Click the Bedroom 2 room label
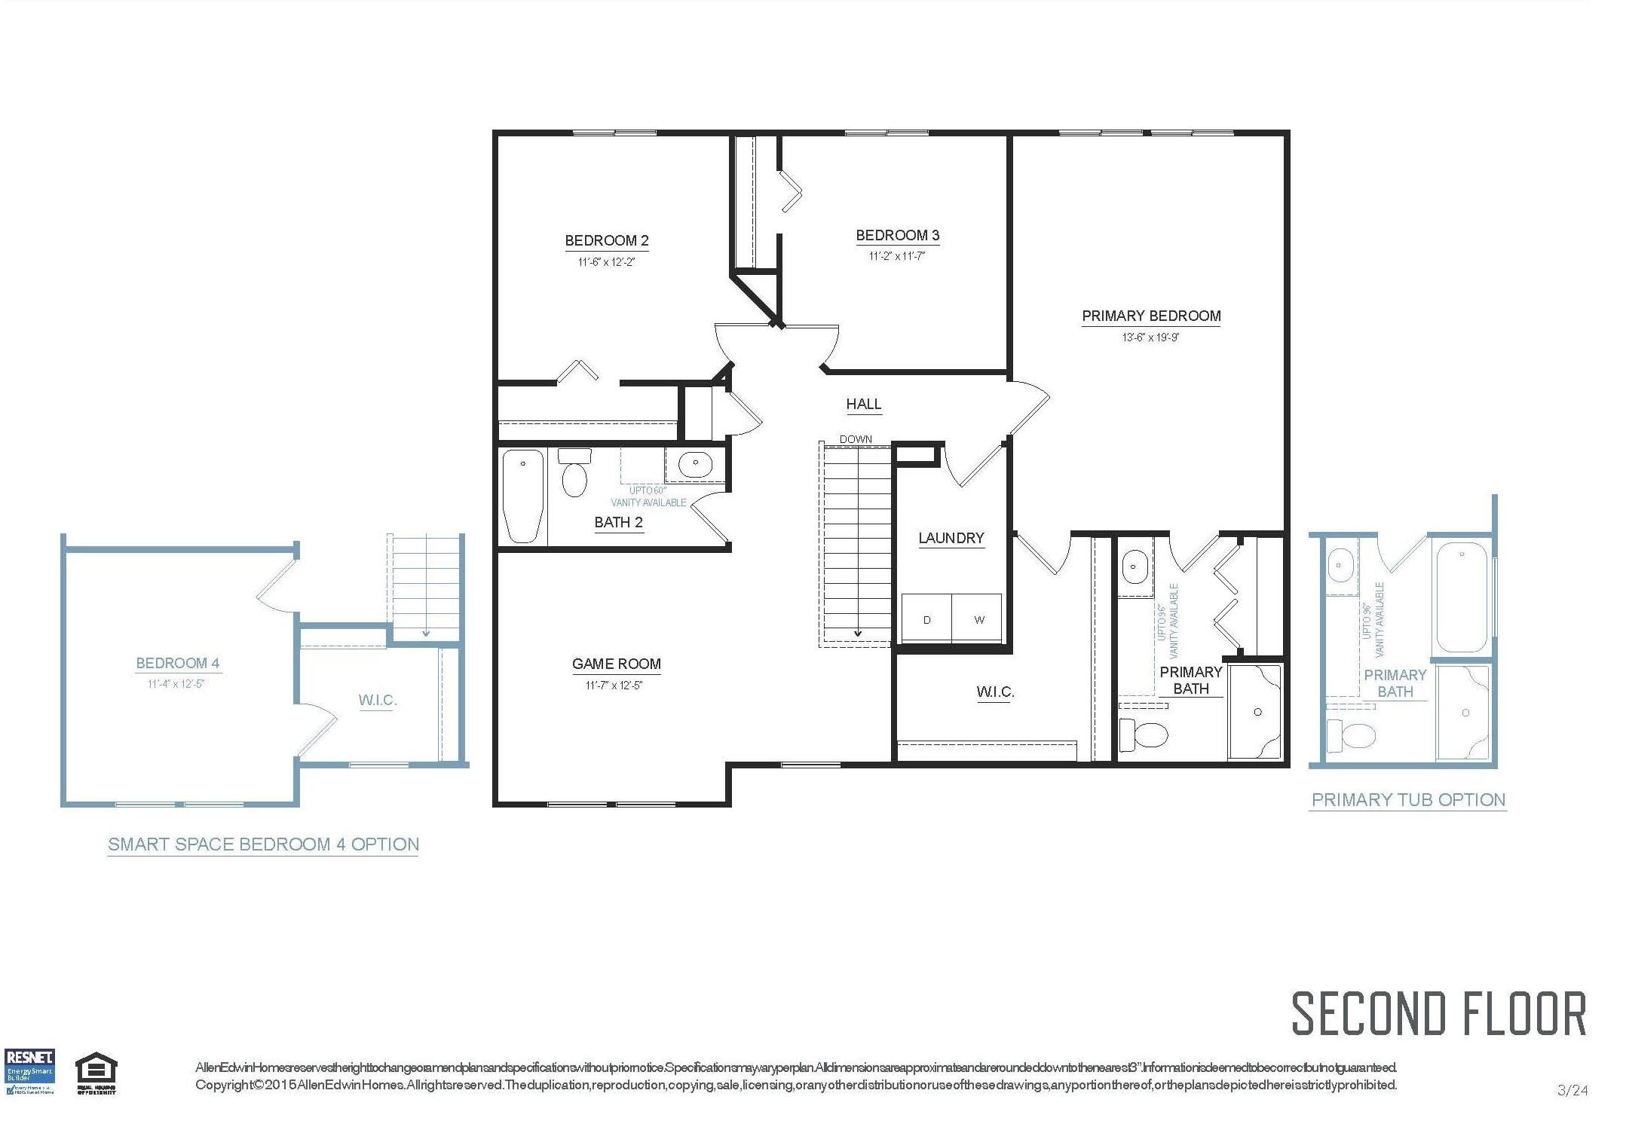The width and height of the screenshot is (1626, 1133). click(606, 241)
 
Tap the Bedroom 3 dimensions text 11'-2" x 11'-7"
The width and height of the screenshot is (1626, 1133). click(896, 256)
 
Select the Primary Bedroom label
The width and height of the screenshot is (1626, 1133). click(1150, 316)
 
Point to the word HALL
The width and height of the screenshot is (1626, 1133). click(863, 405)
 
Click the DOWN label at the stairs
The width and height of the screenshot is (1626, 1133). click(856, 439)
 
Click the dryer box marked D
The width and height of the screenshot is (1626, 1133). click(926, 619)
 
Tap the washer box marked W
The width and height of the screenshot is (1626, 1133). click(978, 619)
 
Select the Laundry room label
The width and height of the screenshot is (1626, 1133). click(951, 538)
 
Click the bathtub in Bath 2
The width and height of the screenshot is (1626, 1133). click(523, 496)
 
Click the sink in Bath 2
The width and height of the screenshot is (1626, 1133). click(695, 463)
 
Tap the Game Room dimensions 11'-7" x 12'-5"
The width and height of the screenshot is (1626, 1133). click(614, 686)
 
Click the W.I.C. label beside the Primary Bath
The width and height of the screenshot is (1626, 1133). click(994, 692)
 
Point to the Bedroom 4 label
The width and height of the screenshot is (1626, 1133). click(178, 664)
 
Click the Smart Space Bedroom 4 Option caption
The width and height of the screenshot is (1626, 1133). click(263, 844)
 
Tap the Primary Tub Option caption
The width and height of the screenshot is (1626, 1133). click(1408, 800)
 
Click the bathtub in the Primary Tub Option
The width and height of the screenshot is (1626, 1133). click(1462, 597)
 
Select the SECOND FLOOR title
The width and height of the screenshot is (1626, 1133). click(1438, 1014)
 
